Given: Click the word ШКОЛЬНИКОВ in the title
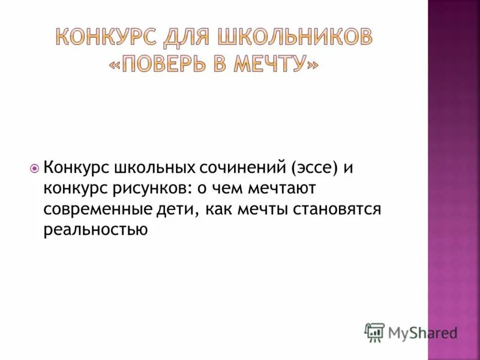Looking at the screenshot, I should [294, 38].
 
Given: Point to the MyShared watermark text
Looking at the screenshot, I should [422, 334].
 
